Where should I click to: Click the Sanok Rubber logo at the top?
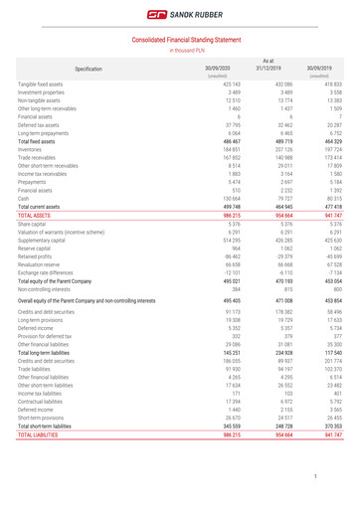pyautogui.click(x=180, y=15)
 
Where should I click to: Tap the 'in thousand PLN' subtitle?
pyautogui.click(x=180, y=49)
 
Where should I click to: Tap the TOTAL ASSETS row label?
pyautogui.click(x=35, y=214)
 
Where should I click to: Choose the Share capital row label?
pyautogui.click(x=33, y=224)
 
